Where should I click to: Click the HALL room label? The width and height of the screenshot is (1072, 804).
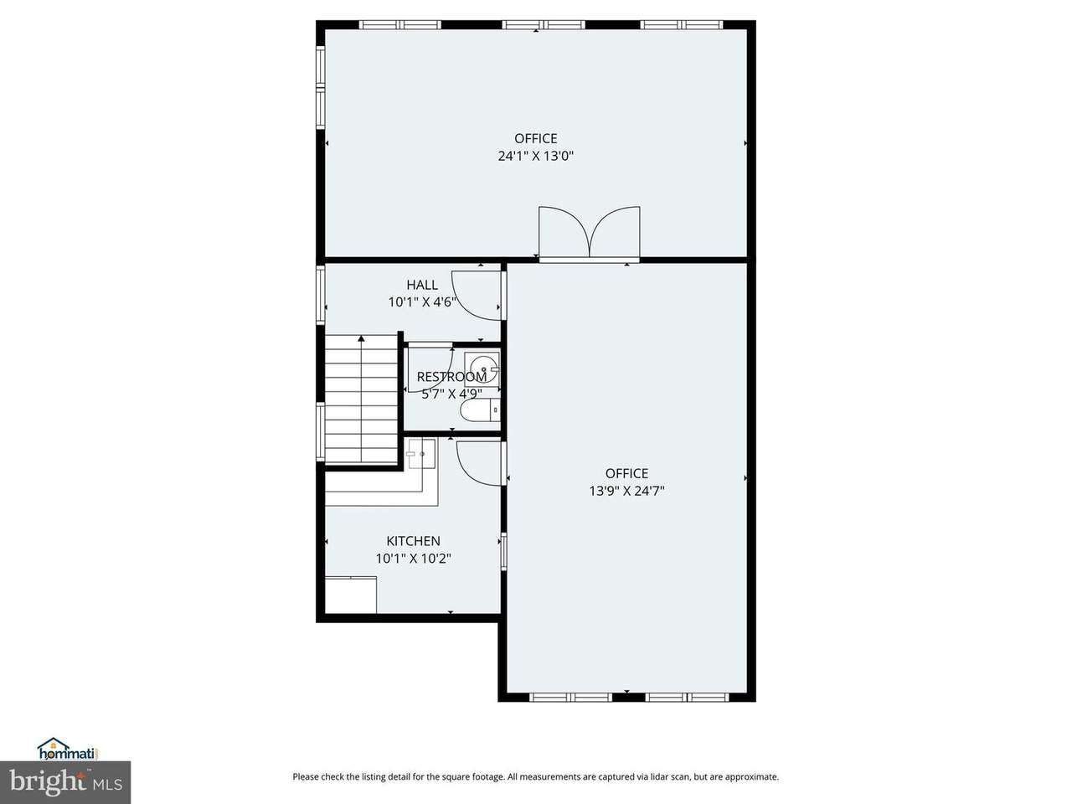coord(422,285)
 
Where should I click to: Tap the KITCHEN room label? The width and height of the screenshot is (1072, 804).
coord(413,541)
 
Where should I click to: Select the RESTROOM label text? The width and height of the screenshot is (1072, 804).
coord(451,377)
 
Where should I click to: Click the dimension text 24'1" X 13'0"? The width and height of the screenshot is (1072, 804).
coord(535,157)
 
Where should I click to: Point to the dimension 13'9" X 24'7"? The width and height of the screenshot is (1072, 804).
coord(626,491)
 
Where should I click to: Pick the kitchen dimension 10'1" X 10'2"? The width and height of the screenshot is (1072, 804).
coord(413,559)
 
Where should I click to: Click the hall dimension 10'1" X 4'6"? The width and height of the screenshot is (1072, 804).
coord(422,302)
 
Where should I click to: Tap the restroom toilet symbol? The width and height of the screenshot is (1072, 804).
coord(481,410)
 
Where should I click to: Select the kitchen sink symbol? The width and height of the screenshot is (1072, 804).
coord(421,453)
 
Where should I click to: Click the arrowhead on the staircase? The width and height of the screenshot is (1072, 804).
coord(362,338)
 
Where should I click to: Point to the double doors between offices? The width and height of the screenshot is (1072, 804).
coord(589,232)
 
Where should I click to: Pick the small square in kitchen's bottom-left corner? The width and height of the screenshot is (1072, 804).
coord(351,595)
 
